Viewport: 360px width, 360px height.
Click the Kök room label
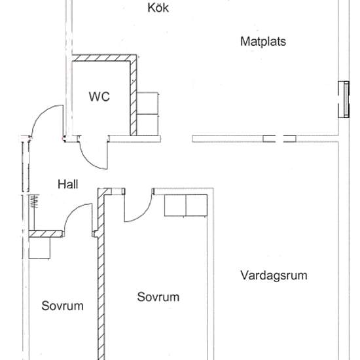coord(159,9)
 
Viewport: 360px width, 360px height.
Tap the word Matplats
coord(263,41)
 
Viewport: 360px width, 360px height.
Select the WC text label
coord(99,97)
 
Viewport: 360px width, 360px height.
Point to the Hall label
coord(68,185)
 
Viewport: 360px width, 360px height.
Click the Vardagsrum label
coord(274,276)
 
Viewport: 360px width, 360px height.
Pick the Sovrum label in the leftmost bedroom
coord(63,306)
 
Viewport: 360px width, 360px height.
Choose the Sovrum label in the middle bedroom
coord(158,297)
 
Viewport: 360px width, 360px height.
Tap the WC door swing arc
coord(91,154)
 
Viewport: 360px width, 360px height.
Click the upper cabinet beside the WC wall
coord(149,102)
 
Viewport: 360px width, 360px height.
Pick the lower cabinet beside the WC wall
coord(149,124)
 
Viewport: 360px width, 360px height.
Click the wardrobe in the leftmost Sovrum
coord(40,248)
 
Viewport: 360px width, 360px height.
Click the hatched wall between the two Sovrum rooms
coord(101,275)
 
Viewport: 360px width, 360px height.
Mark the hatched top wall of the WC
coord(105,58)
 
